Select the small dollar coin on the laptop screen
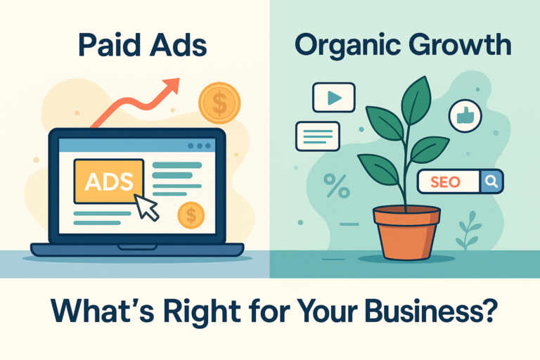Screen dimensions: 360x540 [x=191, y=214]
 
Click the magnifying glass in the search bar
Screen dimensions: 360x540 [x=490, y=182]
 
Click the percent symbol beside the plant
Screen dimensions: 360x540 [x=336, y=186]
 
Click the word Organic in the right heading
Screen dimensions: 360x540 [x=342, y=46]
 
